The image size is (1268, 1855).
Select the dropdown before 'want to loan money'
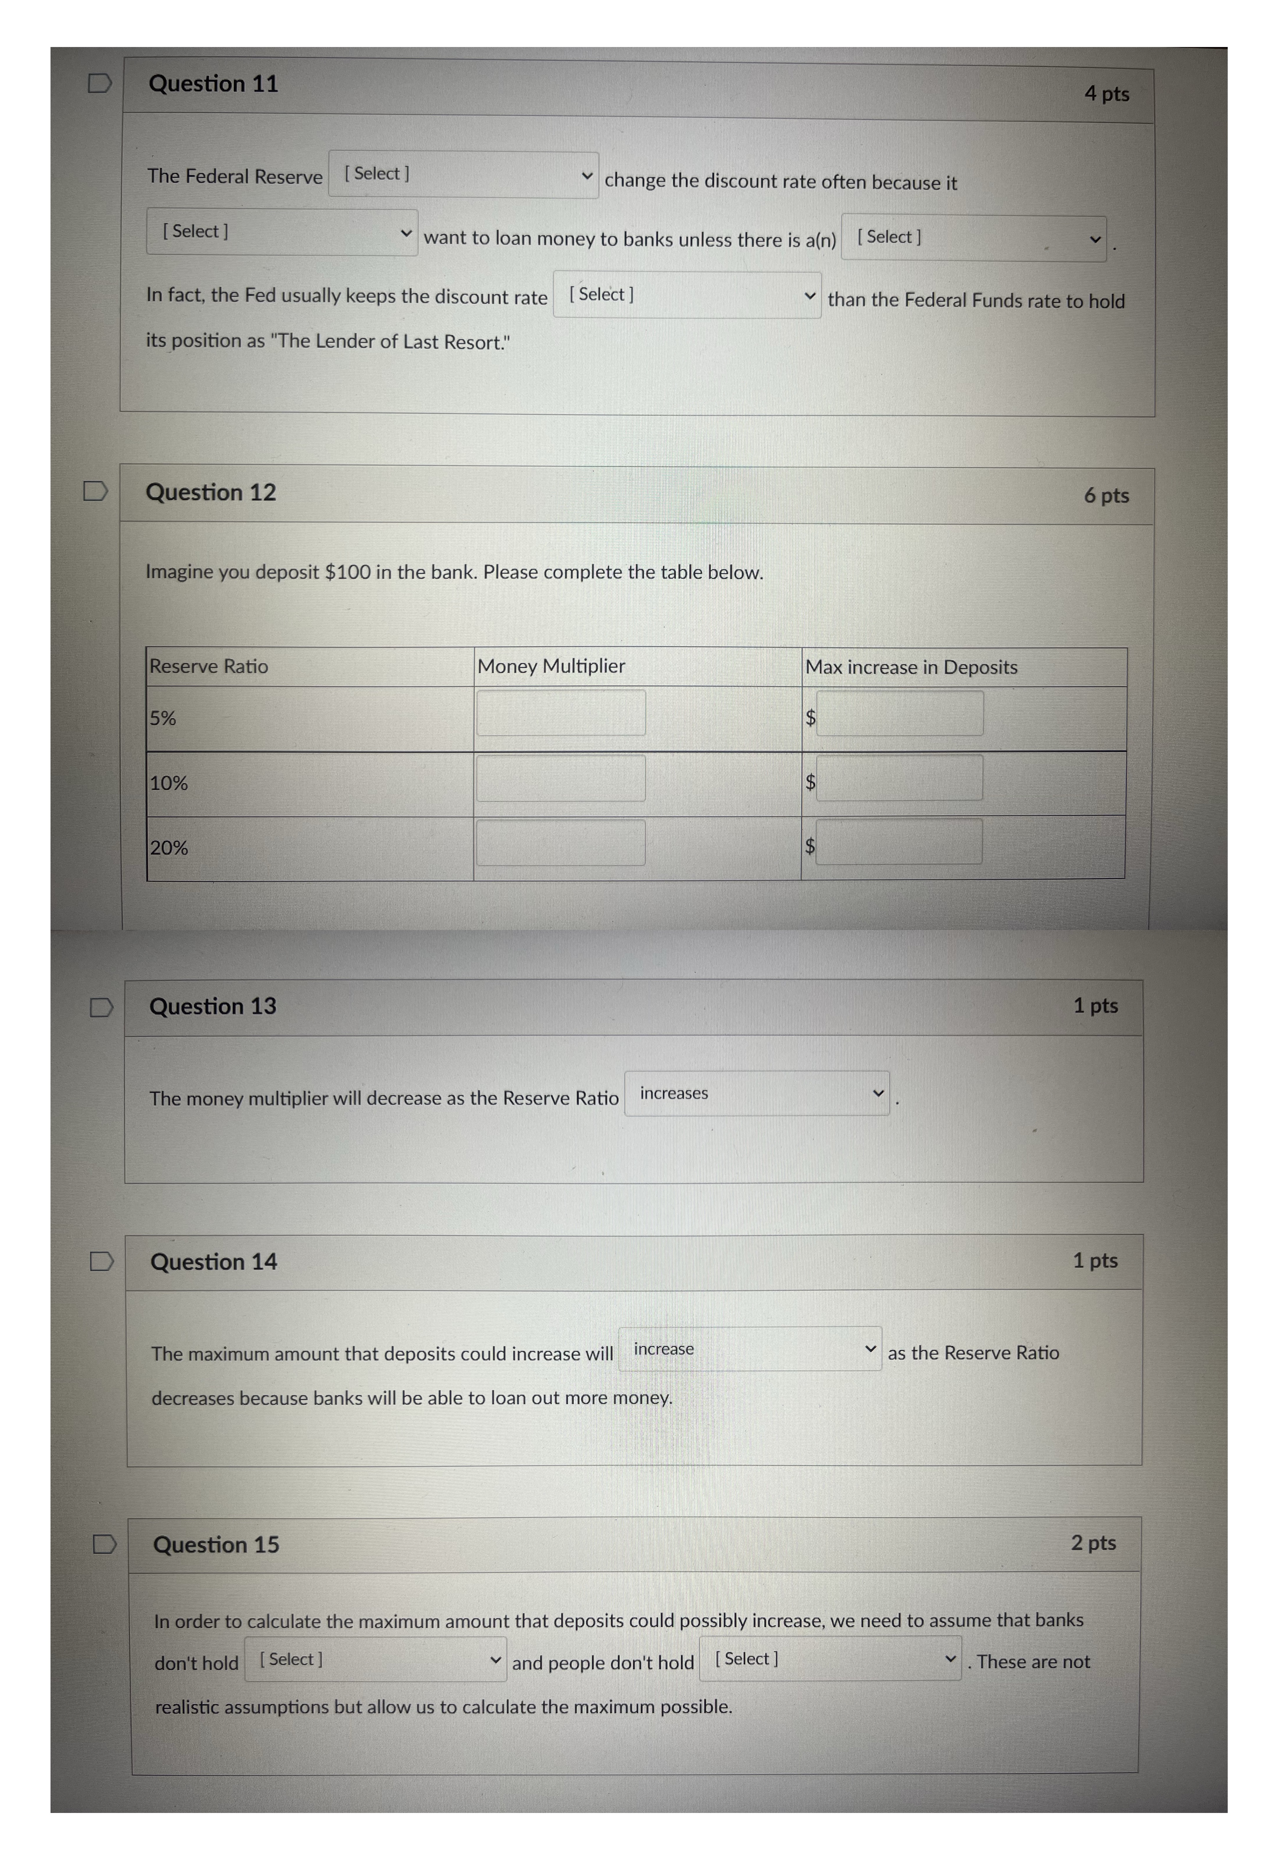282,232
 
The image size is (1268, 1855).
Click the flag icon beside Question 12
96,491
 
